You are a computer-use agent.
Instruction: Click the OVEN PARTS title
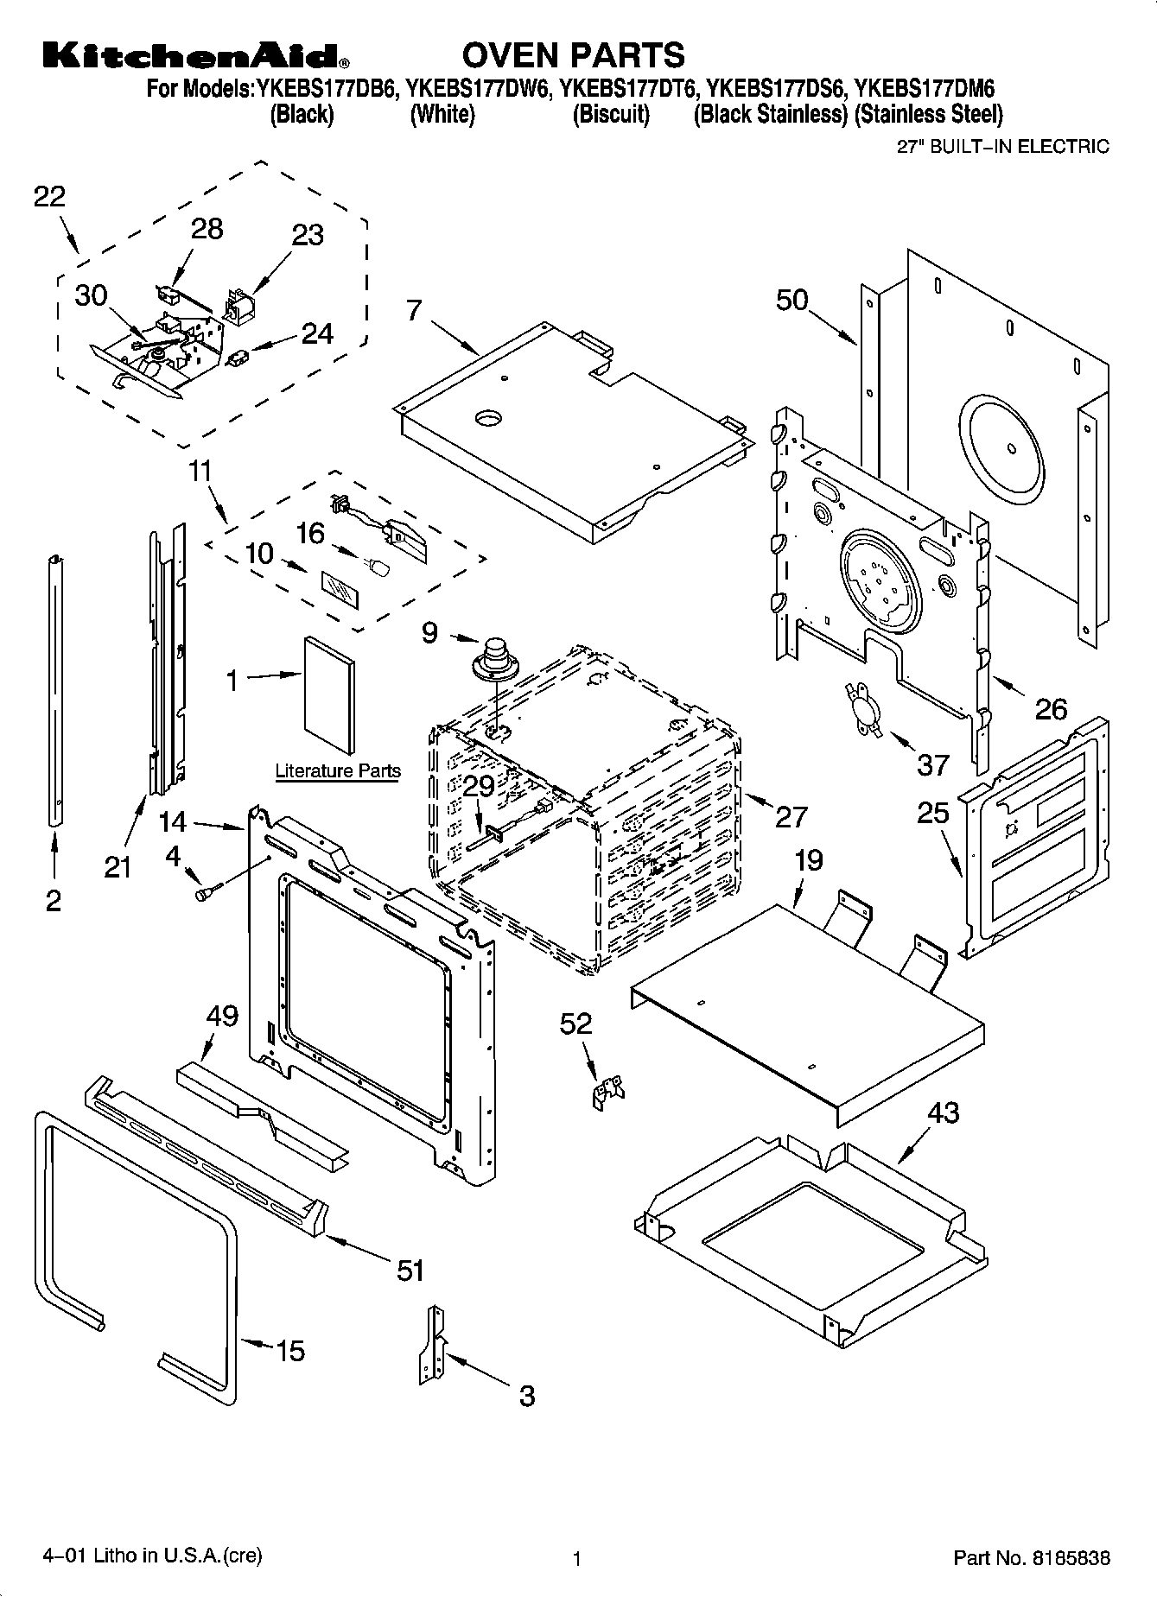pyautogui.click(x=574, y=55)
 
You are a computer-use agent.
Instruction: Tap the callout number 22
pyautogui.click(x=49, y=197)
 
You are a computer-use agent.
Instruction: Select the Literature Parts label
pyautogui.click(x=337, y=770)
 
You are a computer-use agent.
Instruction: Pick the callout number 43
pyautogui.click(x=943, y=1112)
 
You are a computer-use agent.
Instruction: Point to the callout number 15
pyautogui.click(x=289, y=1351)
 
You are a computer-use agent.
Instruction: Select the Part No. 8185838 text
pyautogui.click(x=1031, y=1558)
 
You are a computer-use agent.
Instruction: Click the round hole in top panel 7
pyautogui.click(x=488, y=418)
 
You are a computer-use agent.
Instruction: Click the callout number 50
pyautogui.click(x=791, y=300)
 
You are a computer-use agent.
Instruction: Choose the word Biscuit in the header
pyautogui.click(x=611, y=114)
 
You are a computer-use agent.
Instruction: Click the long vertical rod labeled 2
pyautogui.click(x=55, y=691)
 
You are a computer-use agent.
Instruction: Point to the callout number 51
pyautogui.click(x=411, y=1271)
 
